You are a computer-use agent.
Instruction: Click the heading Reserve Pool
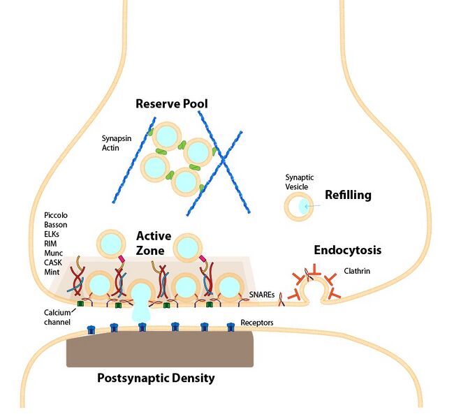coord(172,104)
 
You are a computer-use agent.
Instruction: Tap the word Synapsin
coord(117,139)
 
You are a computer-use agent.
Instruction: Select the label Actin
coord(110,148)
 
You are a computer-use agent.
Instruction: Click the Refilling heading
coord(348,195)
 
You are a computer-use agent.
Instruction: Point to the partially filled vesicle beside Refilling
coord(298,207)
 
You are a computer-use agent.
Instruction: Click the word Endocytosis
coord(348,250)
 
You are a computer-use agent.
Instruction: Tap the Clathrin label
coord(357,271)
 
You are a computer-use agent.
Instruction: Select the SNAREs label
coord(262,294)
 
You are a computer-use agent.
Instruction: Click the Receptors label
coord(257,323)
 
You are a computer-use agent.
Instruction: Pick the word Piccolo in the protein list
coord(56,215)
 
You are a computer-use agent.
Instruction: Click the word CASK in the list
coord(53,263)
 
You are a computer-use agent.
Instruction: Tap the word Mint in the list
coord(52,272)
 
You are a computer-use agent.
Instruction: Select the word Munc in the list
coord(54,253)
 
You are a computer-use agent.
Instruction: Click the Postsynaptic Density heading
coord(156,378)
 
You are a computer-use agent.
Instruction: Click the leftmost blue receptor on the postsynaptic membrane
coord(91,330)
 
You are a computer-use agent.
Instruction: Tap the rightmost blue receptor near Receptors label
coord(230,327)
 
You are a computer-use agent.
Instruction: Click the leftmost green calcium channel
coord(80,303)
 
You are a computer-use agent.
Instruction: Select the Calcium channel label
coord(57,317)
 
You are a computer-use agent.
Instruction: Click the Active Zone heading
coord(154,243)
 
